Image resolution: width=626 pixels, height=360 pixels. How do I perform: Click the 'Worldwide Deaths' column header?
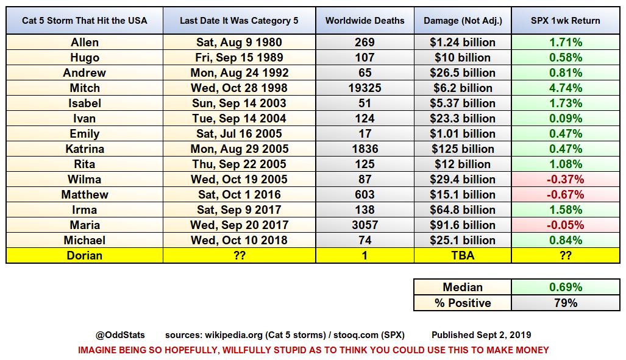(x=365, y=21)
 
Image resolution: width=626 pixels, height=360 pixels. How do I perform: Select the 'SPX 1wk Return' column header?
(x=565, y=21)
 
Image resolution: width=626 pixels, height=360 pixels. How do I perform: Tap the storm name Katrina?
(x=84, y=149)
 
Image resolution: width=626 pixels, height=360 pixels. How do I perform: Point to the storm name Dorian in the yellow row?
(x=84, y=255)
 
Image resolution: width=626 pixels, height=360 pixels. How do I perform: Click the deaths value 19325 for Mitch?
(x=365, y=88)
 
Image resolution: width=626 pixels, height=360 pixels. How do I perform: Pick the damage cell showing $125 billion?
(x=462, y=149)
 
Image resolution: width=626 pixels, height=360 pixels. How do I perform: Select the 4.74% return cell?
(x=565, y=88)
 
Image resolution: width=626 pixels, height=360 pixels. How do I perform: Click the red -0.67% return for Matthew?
(x=565, y=194)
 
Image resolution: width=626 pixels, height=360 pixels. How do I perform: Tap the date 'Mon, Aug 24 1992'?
(x=239, y=72)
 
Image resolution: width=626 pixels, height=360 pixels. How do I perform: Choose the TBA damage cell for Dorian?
(x=462, y=255)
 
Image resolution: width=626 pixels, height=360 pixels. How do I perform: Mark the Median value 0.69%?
(x=565, y=287)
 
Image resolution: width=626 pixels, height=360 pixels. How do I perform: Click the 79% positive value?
(x=565, y=302)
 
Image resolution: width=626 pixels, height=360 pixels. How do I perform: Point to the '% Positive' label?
(x=462, y=302)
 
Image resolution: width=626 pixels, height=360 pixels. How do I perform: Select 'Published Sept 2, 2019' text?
(x=481, y=335)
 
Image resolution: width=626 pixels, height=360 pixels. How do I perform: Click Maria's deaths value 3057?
(x=365, y=225)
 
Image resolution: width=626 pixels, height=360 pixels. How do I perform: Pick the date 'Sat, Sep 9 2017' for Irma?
(x=239, y=210)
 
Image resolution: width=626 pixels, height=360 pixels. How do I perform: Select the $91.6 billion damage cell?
(x=462, y=225)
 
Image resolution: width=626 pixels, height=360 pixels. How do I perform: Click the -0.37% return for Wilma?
(x=565, y=179)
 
